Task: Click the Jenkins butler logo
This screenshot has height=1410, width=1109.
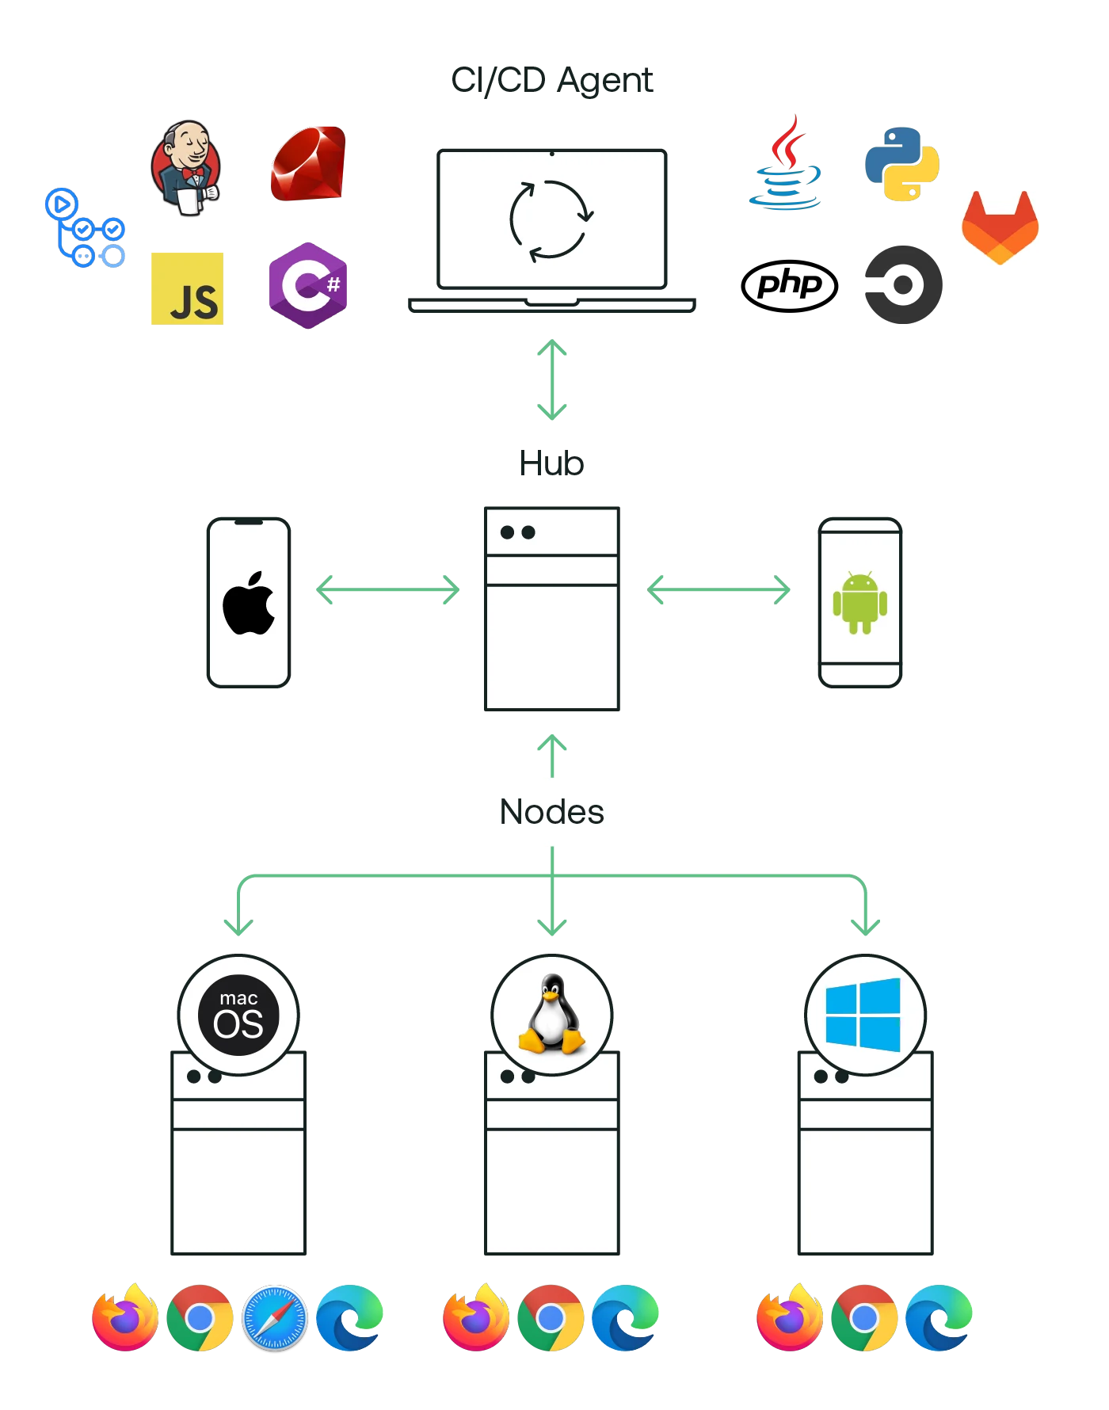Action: click(185, 169)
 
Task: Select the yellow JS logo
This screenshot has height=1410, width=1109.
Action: click(187, 288)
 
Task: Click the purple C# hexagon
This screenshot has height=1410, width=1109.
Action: click(307, 285)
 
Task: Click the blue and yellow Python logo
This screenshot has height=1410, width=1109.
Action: click(901, 164)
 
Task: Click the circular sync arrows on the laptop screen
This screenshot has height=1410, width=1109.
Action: click(551, 221)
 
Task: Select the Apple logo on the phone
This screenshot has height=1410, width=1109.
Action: click(249, 603)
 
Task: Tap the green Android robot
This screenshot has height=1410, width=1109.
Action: click(860, 603)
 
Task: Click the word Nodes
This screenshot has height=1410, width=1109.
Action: click(551, 812)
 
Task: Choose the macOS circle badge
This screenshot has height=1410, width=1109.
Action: click(238, 1015)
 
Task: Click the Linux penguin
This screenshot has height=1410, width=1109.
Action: click(551, 1015)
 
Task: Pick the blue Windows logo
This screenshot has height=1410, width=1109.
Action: click(863, 1015)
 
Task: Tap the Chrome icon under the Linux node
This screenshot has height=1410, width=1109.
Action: click(551, 1318)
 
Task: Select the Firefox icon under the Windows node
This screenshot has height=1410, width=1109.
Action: click(789, 1318)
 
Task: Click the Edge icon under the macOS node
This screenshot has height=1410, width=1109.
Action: click(349, 1318)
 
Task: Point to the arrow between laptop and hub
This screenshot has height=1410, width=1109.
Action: click(551, 380)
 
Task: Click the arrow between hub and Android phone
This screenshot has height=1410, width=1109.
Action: click(718, 589)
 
